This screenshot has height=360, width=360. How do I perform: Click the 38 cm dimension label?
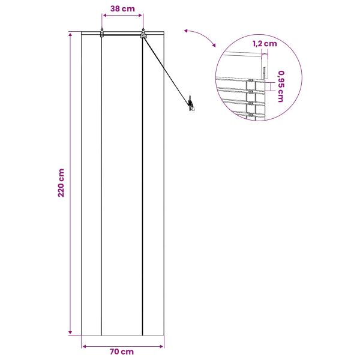(x=122, y=9)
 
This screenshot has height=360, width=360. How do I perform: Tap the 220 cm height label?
(x=61, y=183)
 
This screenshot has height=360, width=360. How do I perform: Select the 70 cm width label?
(x=122, y=352)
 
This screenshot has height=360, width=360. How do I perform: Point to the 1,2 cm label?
(x=265, y=44)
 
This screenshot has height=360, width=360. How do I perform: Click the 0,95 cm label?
(x=281, y=86)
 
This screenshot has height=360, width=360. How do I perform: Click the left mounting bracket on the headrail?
(x=102, y=34)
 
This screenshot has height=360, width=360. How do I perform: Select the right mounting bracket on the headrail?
(x=143, y=34)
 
